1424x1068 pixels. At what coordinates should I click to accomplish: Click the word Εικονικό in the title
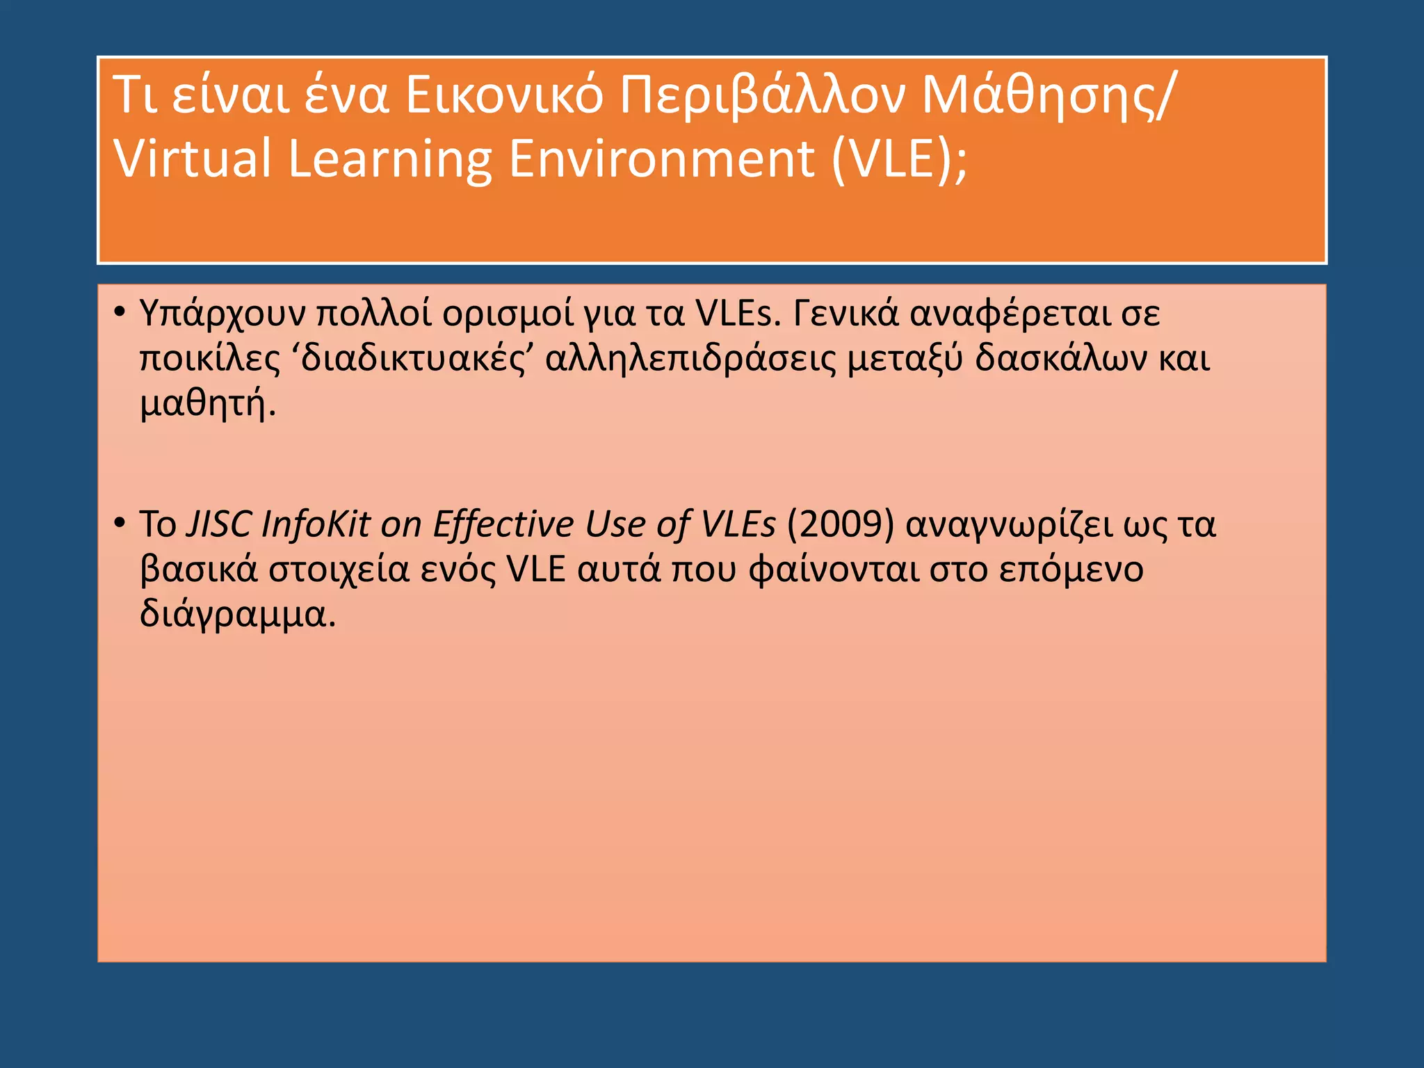pyautogui.click(x=505, y=95)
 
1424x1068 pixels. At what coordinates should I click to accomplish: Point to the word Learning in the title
pyautogui.click(x=389, y=159)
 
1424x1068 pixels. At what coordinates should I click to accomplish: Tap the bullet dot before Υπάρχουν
pyautogui.click(x=120, y=312)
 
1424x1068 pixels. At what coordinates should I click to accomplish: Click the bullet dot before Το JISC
pyautogui.click(x=120, y=522)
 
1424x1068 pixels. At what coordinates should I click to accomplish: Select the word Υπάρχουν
pyautogui.click(x=222, y=314)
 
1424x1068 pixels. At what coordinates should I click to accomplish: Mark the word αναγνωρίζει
pyautogui.click(x=1009, y=525)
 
